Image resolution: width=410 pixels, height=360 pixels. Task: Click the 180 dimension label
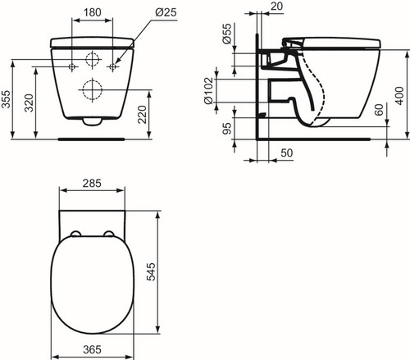point(92,12)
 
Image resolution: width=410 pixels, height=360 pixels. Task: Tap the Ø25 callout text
point(166,12)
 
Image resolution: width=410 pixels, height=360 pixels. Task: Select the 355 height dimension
point(6,99)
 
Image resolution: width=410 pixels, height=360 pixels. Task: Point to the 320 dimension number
point(29,103)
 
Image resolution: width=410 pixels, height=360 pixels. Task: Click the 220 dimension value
point(142,115)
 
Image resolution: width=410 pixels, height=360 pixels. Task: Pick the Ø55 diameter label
point(227,34)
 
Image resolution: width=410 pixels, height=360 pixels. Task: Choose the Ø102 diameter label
point(208,90)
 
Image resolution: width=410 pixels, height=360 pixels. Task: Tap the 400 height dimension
point(399,96)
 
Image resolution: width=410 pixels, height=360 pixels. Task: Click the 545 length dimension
point(151,271)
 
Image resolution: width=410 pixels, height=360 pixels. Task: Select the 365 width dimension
point(92,349)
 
